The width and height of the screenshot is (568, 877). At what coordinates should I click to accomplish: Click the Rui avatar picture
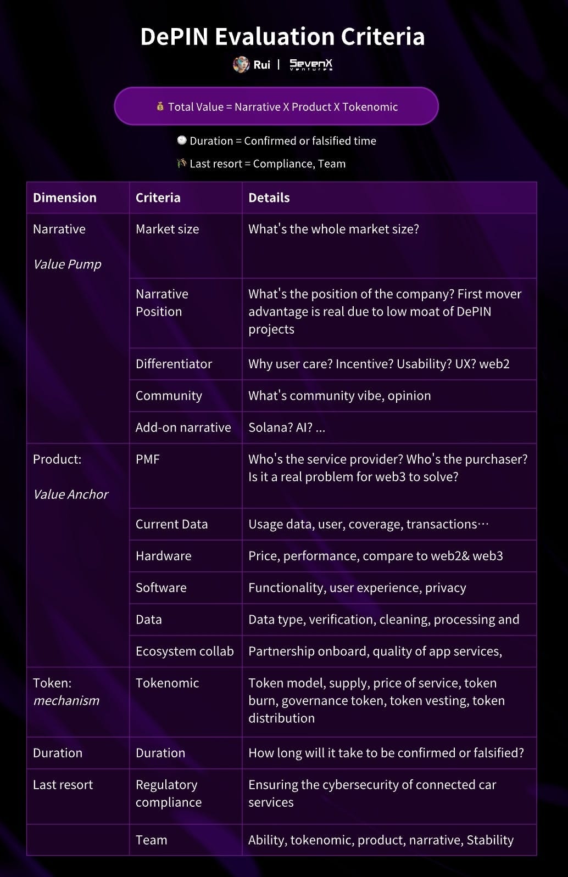pyautogui.click(x=241, y=65)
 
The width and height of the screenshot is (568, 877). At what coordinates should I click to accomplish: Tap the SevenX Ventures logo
pyautogui.click(x=311, y=65)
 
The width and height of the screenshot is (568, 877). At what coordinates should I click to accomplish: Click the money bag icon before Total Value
pyautogui.click(x=160, y=106)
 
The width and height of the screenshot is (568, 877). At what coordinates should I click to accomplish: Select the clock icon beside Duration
pyautogui.click(x=182, y=140)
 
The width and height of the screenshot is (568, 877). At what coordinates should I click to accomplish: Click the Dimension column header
pyautogui.click(x=65, y=198)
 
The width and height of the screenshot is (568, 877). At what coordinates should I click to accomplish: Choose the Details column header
pyautogui.click(x=269, y=198)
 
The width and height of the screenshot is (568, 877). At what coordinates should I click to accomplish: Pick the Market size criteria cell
pyautogui.click(x=168, y=229)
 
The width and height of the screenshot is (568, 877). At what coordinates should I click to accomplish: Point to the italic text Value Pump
pyautogui.click(x=67, y=264)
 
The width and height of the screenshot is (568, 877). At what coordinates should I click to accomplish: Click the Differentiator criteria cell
pyautogui.click(x=174, y=364)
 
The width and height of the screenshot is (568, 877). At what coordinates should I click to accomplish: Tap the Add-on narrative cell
pyautogui.click(x=183, y=428)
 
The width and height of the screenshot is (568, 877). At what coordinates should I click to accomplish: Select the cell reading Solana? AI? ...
pyautogui.click(x=287, y=428)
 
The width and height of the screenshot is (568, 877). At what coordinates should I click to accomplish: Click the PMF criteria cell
pyautogui.click(x=148, y=459)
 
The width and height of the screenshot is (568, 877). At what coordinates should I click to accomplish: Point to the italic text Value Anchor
pyautogui.click(x=71, y=494)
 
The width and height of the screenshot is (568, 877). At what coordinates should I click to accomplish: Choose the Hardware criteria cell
pyautogui.click(x=164, y=556)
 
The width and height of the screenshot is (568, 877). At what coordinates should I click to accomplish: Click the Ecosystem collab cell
pyautogui.click(x=185, y=651)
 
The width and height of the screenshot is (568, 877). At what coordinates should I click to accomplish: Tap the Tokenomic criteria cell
pyautogui.click(x=168, y=683)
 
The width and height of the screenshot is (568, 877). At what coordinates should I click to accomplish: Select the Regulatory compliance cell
pyautogui.click(x=169, y=794)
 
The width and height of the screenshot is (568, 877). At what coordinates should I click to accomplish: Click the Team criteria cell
pyautogui.click(x=152, y=840)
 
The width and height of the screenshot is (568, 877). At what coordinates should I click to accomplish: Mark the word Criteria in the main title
pyautogui.click(x=383, y=37)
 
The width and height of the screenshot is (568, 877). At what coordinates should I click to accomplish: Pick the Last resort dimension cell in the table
pyautogui.click(x=63, y=785)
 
